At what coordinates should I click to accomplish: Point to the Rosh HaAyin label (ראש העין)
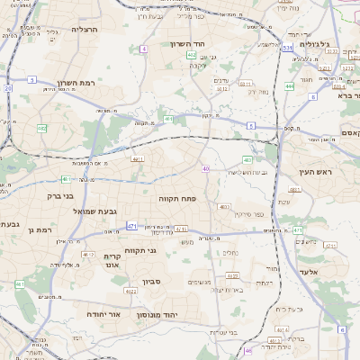click(x=317, y=172)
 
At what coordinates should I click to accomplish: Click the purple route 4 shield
click(x=144, y=49)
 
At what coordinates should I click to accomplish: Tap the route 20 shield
click(x=8, y=88)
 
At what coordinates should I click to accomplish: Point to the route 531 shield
click(x=286, y=48)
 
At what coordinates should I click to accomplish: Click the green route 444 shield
click(x=289, y=86)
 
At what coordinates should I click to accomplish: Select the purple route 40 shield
click(x=206, y=168)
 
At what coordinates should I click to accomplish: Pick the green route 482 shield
click(x=42, y=129)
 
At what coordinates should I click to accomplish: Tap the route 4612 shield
click(x=87, y=255)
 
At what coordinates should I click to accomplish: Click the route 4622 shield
click(x=130, y=291)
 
